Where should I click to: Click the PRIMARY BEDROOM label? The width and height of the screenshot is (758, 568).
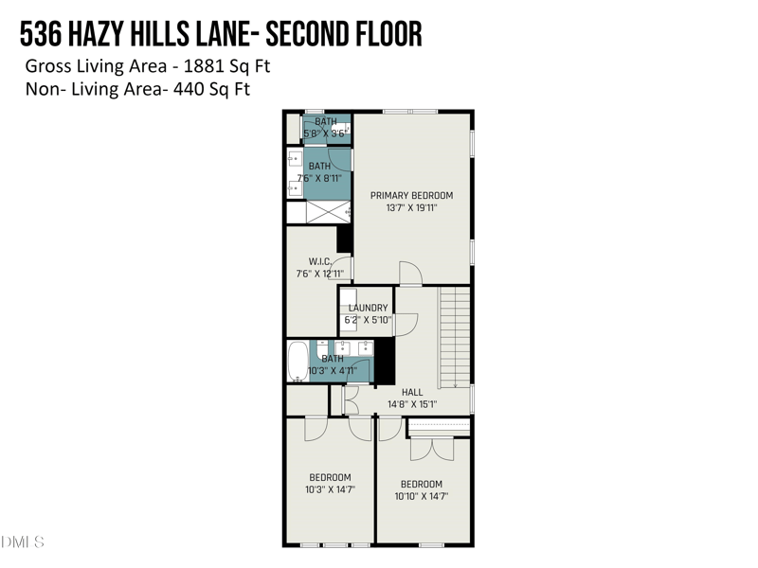[x=411, y=196]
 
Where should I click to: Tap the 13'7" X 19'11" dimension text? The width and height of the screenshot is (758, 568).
[x=411, y=208]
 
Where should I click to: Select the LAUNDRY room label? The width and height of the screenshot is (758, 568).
[x=368, y=308]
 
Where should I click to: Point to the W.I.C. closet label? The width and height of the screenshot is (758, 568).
[x=318, y=261]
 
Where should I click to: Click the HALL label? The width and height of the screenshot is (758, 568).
[x=412, y=392]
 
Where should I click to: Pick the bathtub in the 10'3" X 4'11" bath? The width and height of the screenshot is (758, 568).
[x=298, y=361]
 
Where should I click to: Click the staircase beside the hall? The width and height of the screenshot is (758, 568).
[x=454, y=337]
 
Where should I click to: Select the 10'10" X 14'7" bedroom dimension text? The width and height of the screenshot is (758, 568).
[x=421, y=496]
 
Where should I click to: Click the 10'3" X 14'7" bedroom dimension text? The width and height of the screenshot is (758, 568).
[x=330, y=490]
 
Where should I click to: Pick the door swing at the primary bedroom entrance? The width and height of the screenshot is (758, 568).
[x=410, y=275]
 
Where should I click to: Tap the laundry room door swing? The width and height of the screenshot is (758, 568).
[x=406, y=324]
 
